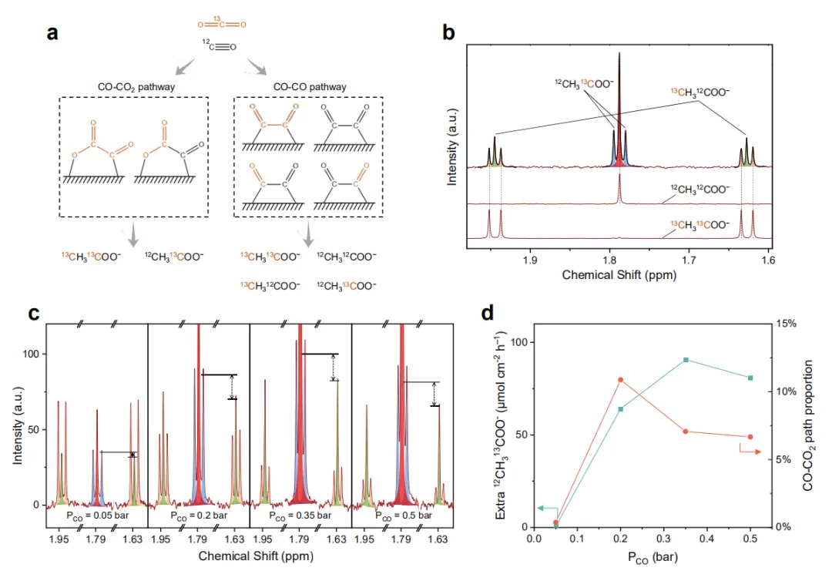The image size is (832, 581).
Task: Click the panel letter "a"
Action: (52, 33)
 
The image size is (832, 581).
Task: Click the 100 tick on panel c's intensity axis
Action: (35, 354)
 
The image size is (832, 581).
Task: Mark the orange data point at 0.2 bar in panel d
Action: (621, 380)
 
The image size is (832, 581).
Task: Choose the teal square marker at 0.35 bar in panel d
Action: (686, 360)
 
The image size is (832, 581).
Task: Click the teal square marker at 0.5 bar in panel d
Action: (750, 378)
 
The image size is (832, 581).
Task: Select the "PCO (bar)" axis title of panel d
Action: (653, 555)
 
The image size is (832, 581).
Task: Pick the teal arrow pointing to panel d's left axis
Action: (548, 509)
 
